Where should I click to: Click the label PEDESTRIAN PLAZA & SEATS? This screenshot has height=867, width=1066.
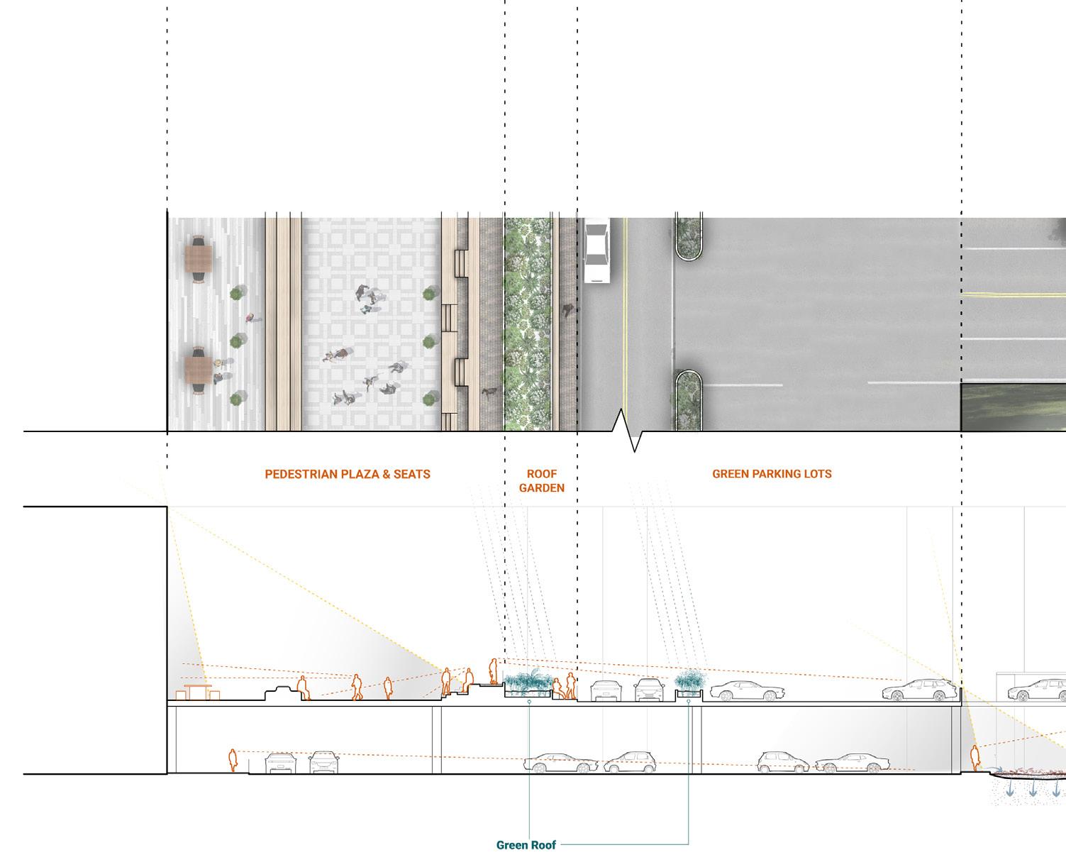tap(348, 474)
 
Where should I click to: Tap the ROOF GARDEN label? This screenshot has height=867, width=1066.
tap(541, 480)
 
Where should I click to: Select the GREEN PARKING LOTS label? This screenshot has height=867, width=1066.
tap(772, 473)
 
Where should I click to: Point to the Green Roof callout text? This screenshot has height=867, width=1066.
tap(526, 845)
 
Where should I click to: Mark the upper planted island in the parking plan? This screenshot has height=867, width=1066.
tap(688, 237)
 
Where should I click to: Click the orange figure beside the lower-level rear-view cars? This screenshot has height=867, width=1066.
tap(232, 760)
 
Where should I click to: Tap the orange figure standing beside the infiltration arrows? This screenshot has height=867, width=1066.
tap(975, 758)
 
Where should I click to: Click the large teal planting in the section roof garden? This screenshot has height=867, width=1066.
tap(528, 682)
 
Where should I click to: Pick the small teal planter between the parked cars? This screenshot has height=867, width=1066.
tap(689, 683)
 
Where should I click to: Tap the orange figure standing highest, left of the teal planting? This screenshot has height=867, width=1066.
tap(493, 670)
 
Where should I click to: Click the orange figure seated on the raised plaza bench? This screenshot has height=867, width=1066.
tap(467, 680)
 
